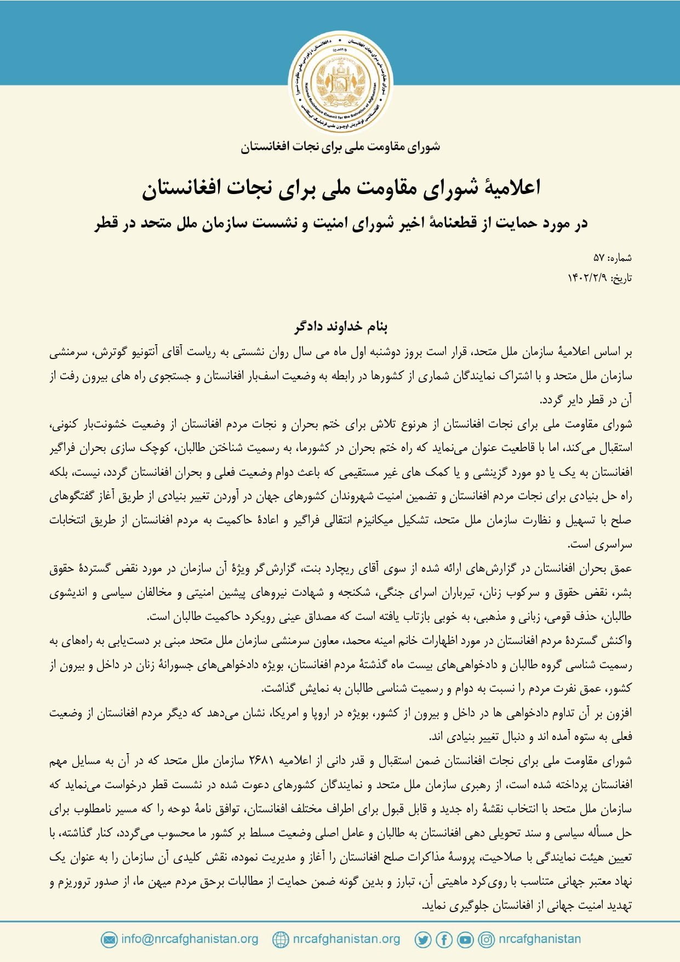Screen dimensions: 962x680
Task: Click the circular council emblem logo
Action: point(340,82)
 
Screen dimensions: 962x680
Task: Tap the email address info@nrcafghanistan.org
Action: point(190,939)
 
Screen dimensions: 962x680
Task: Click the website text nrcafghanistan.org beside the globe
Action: point(346,939)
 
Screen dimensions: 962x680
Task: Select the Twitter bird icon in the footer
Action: point(422,940)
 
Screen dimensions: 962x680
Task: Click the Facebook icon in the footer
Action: point(444,940)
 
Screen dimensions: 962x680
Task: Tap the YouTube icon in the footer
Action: point(465,940)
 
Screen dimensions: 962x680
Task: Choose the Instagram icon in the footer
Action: point(486,940)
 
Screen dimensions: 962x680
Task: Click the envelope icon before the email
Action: point(109,940)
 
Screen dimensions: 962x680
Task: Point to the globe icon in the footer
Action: point(280,940)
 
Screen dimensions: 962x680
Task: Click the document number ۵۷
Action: point(598,258)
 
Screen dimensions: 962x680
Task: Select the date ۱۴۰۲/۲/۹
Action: point(587,278)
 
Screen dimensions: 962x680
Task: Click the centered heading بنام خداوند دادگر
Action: point(340,327)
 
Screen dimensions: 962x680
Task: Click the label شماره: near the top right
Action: point(620,258)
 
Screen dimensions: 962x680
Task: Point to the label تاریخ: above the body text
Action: point(621,278)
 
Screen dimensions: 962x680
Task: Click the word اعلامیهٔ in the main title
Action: point(510,187)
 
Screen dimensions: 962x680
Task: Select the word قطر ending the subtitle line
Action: point(106,223)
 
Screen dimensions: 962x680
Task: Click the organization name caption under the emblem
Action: point(340,146)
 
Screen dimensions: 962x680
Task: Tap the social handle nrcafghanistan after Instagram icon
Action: point(539,939)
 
